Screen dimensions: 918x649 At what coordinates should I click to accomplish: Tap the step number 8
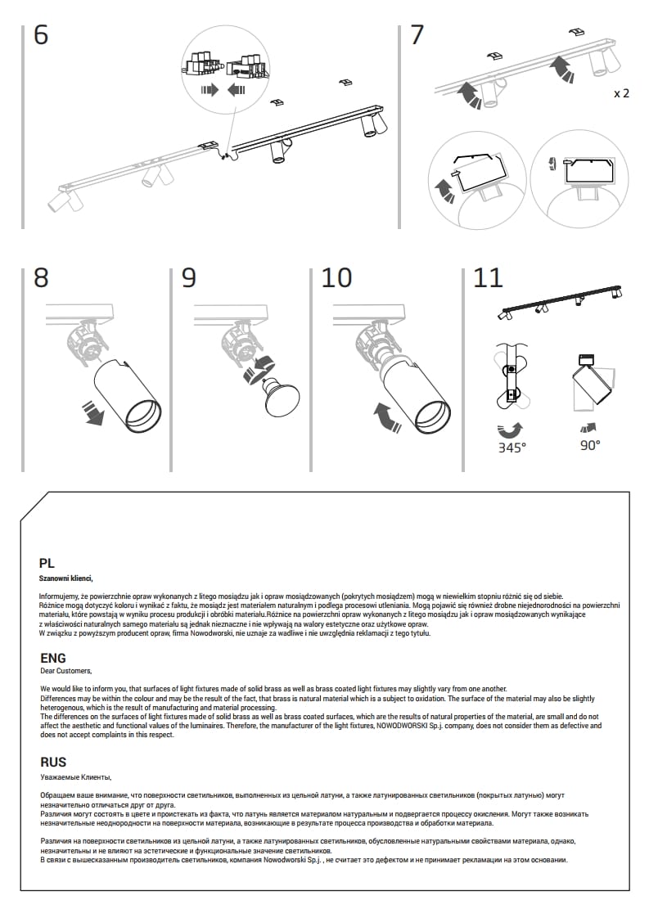(x=41, y=277)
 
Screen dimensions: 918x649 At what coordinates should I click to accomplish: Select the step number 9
(x=188, y=277)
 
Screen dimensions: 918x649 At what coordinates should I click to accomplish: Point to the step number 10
(x=336, y=277)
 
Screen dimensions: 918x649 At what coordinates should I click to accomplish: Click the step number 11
(x=488, y=277)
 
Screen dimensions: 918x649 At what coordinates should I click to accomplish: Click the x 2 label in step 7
(x=621, y=93)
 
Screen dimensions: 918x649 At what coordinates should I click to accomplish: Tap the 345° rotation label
(x=512, y=447)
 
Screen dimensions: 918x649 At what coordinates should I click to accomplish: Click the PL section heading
(x=47, y=563)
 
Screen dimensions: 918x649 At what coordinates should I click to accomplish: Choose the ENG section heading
(x=53, y=658)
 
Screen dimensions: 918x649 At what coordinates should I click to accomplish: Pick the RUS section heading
(x=53, y=763)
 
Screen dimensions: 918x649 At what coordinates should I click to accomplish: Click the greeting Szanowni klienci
(x=66, y=578)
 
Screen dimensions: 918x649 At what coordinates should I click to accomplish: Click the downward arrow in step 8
(x=96, y=413)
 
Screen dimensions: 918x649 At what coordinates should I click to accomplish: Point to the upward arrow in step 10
(x=385, y=416)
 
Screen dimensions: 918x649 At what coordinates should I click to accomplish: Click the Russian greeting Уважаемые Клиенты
(x=74, y=777)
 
